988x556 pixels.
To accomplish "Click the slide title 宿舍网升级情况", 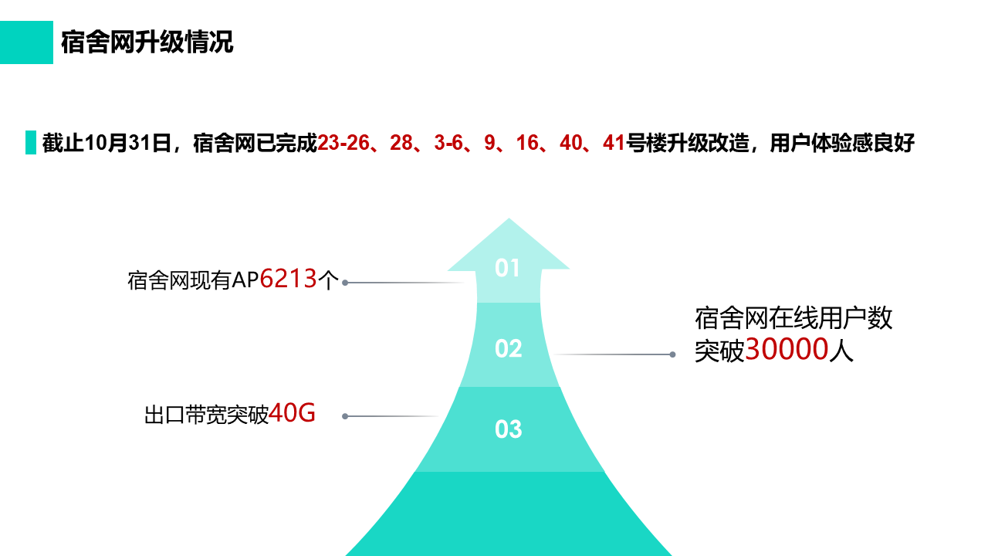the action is tap(147, 42).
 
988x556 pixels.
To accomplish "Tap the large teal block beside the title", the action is tap(26, 42).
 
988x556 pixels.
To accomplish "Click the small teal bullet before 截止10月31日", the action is tap(31, 143).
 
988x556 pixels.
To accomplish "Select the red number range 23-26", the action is tap(343, 143).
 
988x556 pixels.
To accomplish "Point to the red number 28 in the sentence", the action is tap(401, 143).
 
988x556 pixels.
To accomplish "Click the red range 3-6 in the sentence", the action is tap(448, 143).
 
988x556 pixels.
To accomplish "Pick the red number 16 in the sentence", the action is tap(527, 143).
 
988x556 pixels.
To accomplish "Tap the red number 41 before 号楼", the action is tap(614, 143).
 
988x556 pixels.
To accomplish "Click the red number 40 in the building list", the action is tap(571, 143).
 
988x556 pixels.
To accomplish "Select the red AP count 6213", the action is tap(289, 279).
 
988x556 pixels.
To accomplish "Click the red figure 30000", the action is tap(787, 350).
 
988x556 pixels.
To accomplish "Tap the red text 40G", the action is tap(292, 413).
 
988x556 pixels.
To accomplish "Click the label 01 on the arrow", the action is tap(507, 268).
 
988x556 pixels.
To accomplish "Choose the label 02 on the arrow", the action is tap(508, 348).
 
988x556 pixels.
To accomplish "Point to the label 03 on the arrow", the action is tap(508, 429).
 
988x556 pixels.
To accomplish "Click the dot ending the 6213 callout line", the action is tap(345, 283).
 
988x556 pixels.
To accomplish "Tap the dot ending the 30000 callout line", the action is tap(672, 354).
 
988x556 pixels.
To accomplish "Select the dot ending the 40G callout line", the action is tap(345, 416).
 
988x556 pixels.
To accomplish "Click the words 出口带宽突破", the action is tap(206, 415).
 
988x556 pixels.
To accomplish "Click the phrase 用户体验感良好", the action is tap(841, 143).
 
